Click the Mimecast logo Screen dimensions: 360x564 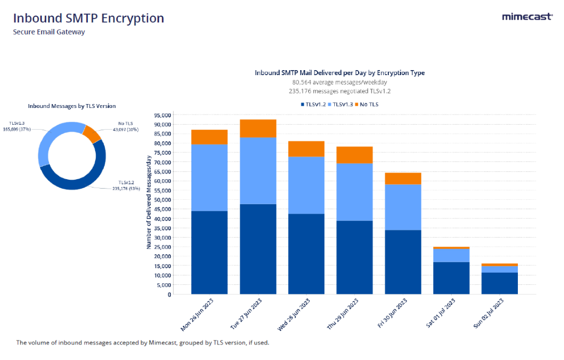click(x=527, y=17)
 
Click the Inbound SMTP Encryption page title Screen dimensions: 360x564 click(x=89, y=18)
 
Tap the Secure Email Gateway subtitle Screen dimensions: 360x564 click(x=49, y=32)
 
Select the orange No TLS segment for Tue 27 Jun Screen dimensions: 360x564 click(x=258, y=128)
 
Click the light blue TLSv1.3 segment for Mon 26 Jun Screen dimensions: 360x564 click(x=209, y=177)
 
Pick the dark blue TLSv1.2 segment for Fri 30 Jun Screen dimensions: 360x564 click(x=403, y=262)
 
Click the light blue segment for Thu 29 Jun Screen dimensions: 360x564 click(x=354, y=192)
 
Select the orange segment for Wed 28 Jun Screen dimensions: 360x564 click(x=306, y=149)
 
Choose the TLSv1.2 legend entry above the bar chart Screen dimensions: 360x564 click(x=314, y=104)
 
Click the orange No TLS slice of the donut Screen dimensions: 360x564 click(x=91, y=134)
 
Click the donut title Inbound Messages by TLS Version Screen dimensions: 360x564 click(x=72, y=106)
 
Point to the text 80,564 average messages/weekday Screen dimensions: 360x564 click(x=339, y=82)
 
